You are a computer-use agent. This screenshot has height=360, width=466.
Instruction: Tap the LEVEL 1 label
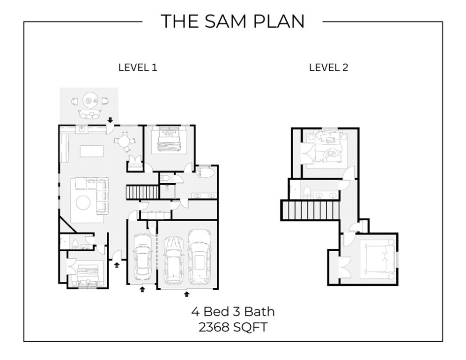pos(137,67)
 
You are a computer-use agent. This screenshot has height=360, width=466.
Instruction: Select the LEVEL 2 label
pos(328,67)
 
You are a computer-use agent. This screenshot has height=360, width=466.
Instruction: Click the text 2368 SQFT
pos(233,327)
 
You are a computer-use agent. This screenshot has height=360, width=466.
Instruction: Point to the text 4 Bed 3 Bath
pos(232,311)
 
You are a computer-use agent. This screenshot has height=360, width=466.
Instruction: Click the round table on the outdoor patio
pos(89,100)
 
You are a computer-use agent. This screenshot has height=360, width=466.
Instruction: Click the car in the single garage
pos(141,255)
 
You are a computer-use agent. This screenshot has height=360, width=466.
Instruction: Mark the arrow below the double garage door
pos(187,294)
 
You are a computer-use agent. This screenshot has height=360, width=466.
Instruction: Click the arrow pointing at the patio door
pos(110,120)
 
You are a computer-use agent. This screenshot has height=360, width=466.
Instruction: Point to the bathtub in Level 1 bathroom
pos(205,173)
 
